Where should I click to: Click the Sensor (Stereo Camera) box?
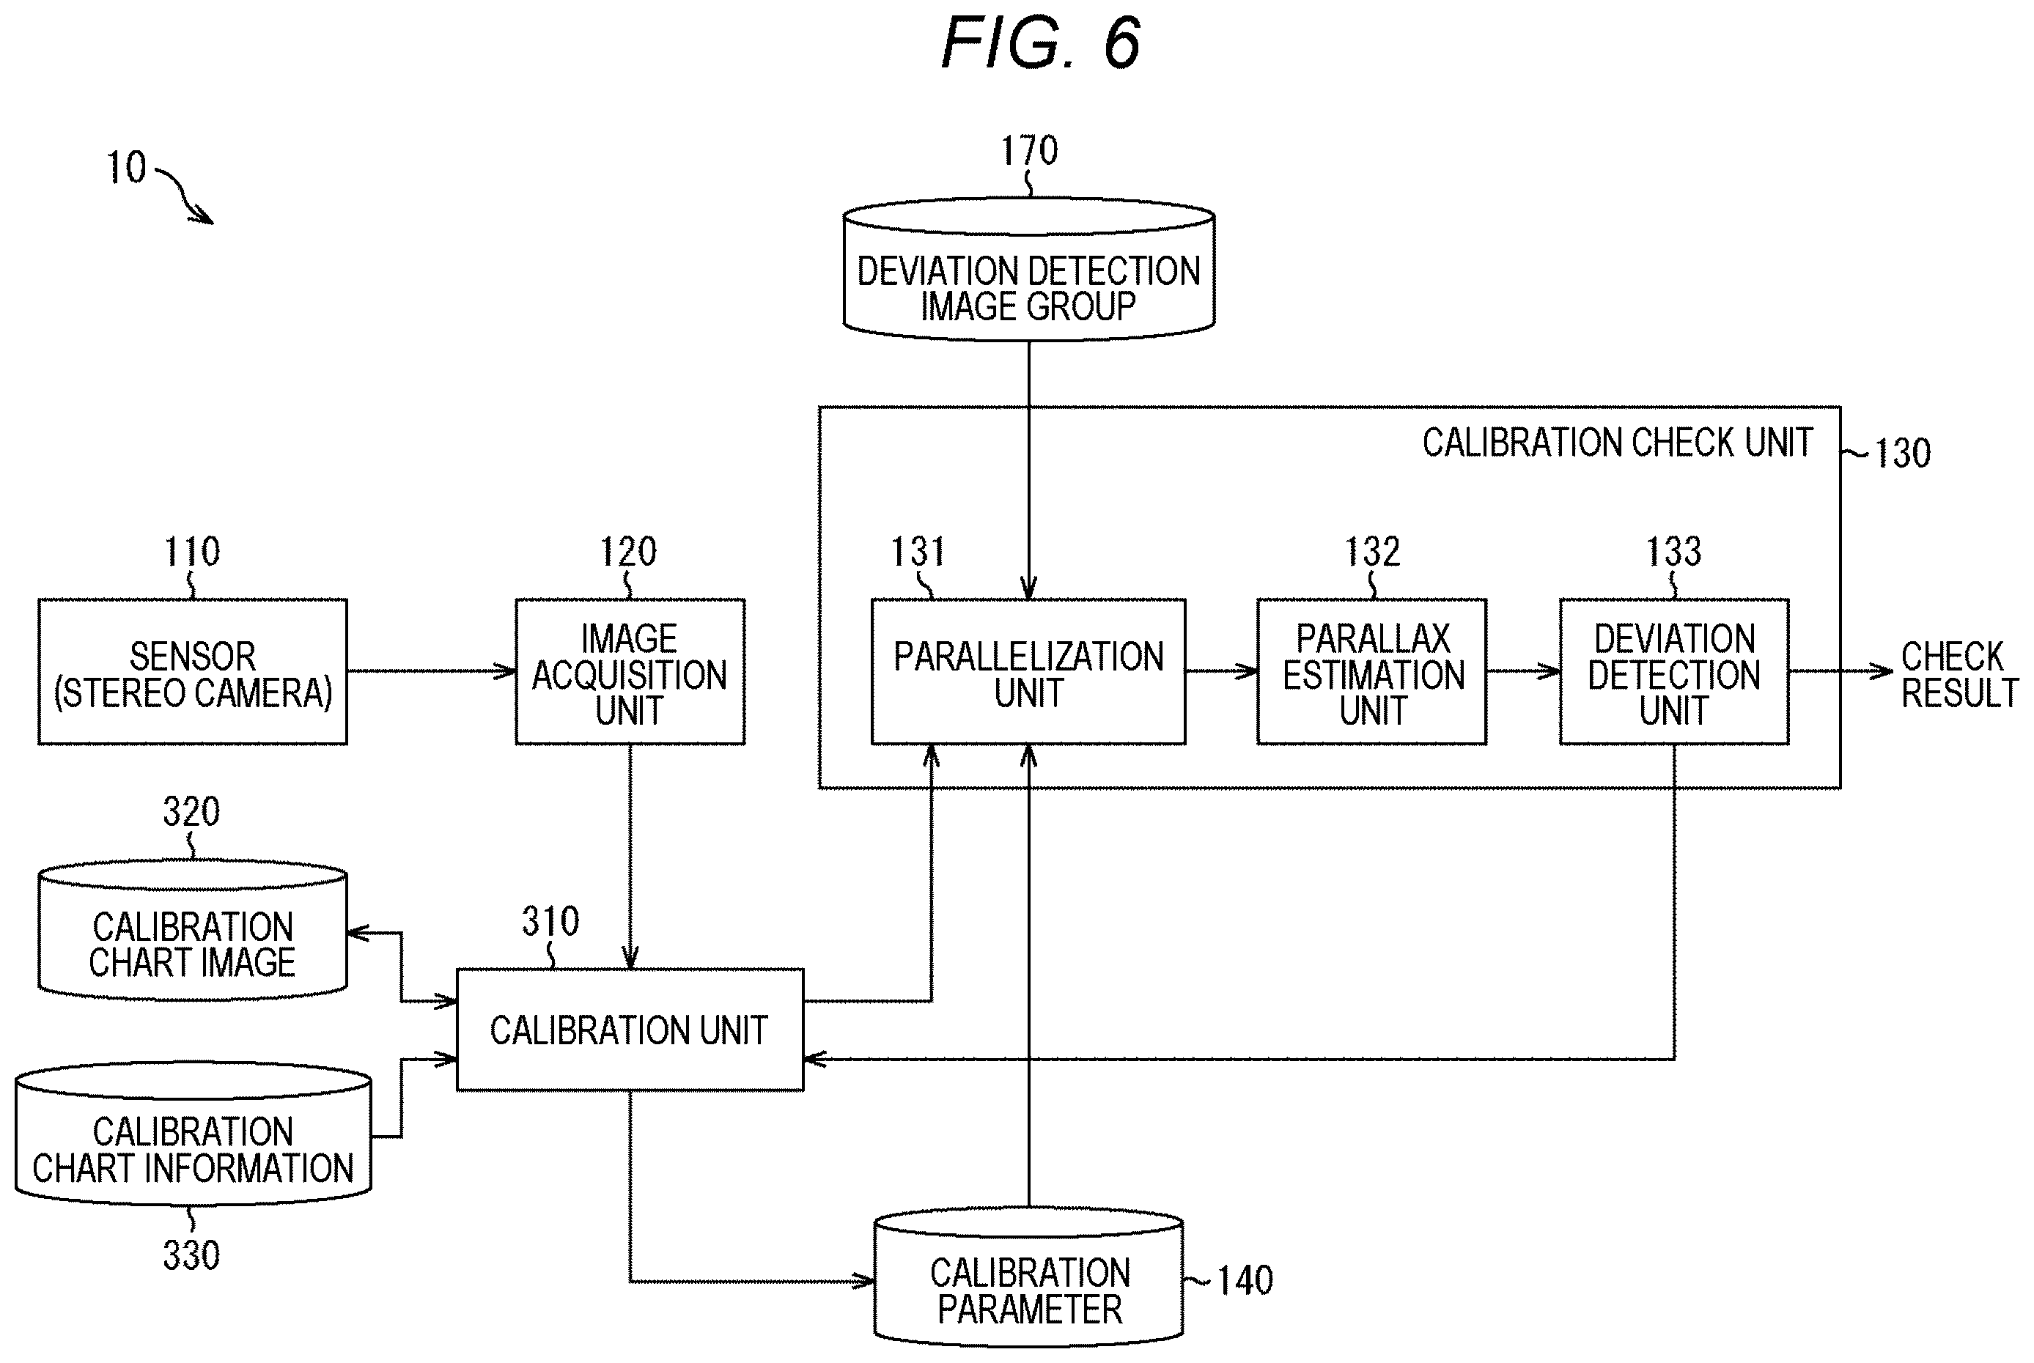192,671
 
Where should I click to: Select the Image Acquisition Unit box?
630,671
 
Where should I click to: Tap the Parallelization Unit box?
1028,671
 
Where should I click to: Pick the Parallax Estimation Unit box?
1371,671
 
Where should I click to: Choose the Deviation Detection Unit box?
1674,671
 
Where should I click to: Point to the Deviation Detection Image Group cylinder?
1028,270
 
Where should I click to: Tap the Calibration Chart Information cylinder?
193,1133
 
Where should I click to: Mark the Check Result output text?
1959,675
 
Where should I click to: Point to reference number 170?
1029,150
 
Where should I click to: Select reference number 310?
550,920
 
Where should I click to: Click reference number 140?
1245,1280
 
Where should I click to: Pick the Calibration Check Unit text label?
1618,443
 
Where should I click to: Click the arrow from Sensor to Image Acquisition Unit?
431,671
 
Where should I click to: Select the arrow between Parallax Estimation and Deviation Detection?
1523,671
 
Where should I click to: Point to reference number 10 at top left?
126,167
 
